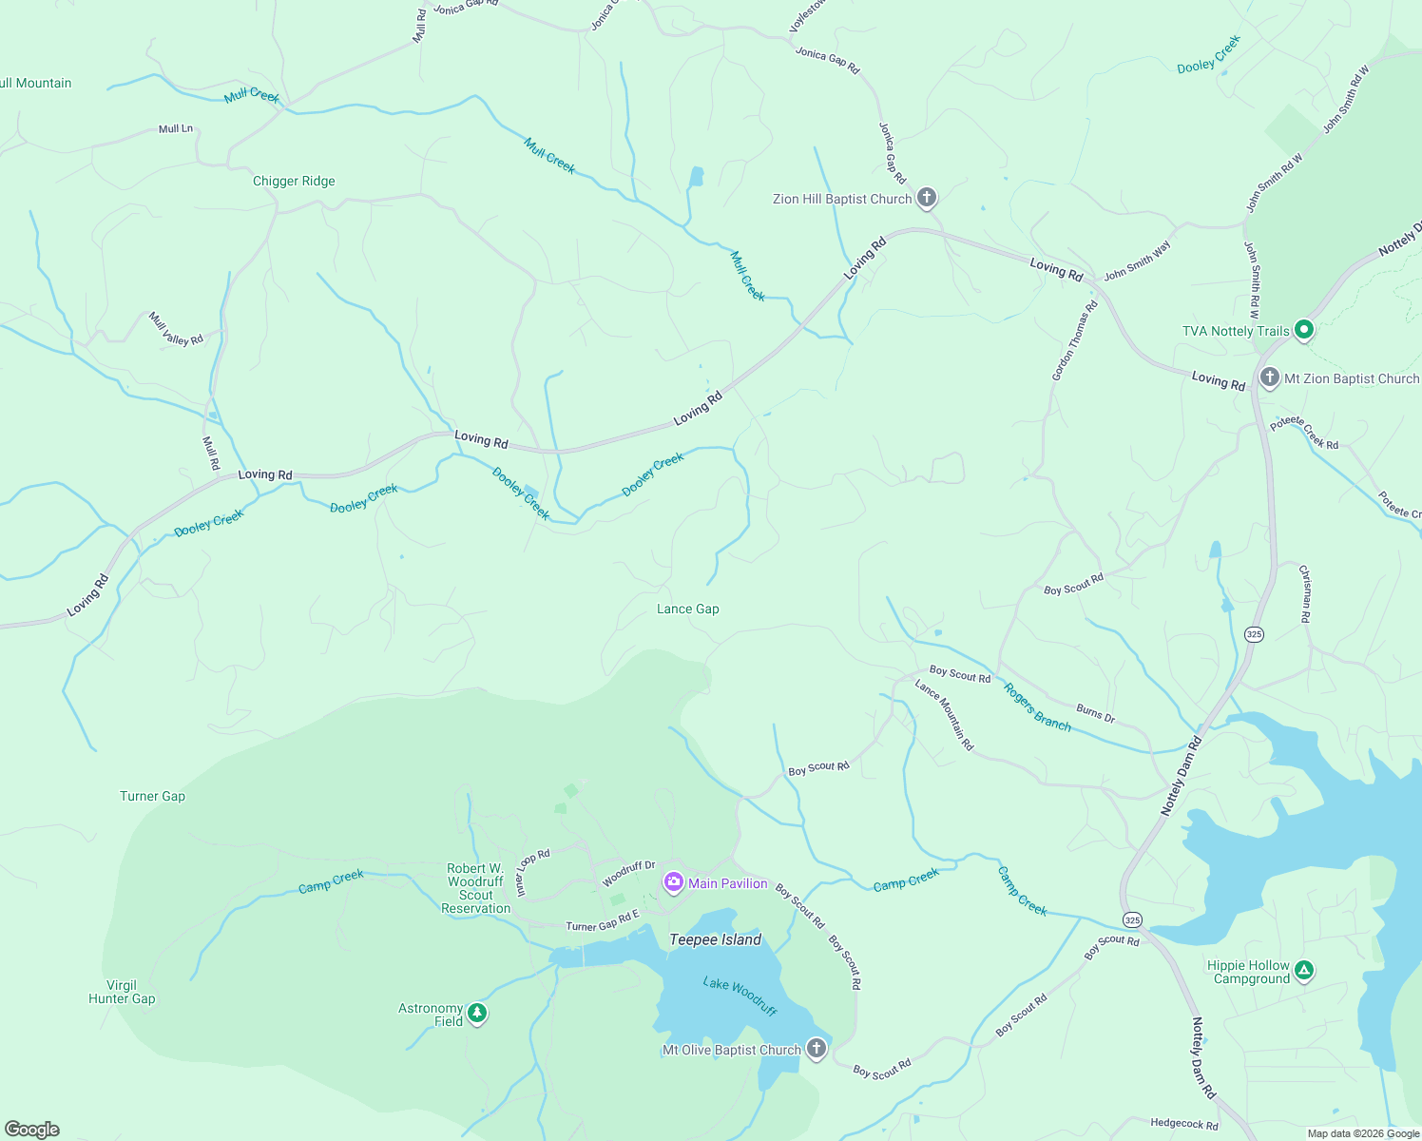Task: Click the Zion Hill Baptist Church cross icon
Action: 927,198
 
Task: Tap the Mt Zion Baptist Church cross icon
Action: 1269,377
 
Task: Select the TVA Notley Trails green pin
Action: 1304,330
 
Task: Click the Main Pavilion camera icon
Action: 674,882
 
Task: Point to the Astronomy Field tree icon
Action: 477,1014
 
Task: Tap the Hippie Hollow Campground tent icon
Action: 1305,971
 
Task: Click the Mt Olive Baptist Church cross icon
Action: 816,1049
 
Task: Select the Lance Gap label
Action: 688,609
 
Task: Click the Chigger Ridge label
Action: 294,181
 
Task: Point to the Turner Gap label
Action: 153,796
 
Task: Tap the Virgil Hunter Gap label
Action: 122,992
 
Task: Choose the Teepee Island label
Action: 716,939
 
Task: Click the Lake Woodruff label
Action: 740,995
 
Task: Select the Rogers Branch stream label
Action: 1037,707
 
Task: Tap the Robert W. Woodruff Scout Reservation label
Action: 475,888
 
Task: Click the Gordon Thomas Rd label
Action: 1075,340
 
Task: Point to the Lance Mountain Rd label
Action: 945,714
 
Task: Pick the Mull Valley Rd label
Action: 176,328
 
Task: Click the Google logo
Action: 32,1130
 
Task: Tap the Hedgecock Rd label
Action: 1183,1124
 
